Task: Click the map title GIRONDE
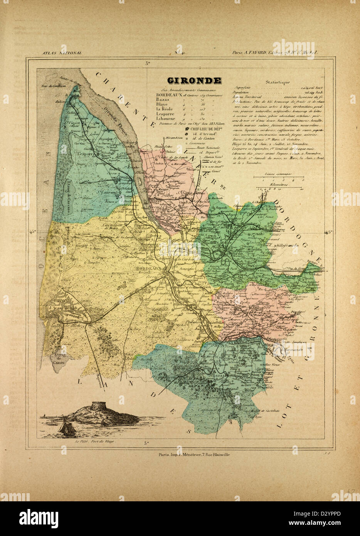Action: pyautogui.click(x=194, y=81)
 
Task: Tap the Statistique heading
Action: pyautogui.click(x=276, y=82)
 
